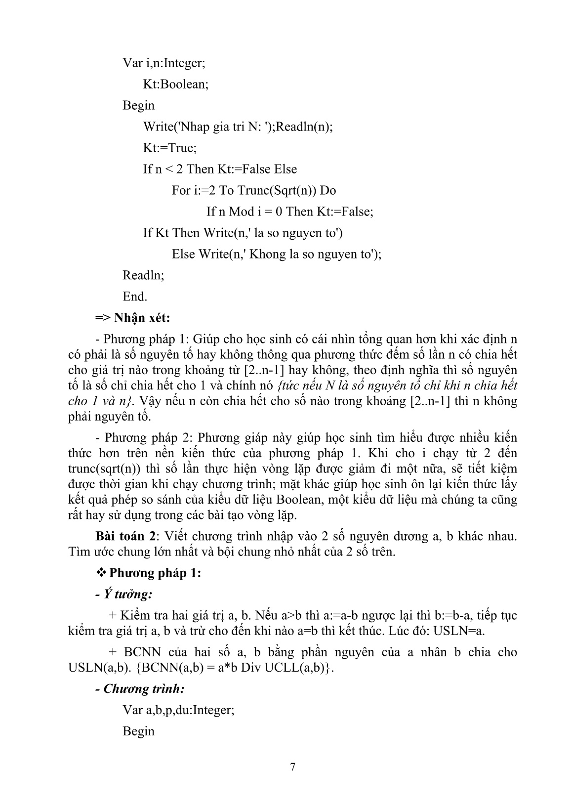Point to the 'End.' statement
pos(135,297)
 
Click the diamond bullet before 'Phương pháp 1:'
pos(101,573)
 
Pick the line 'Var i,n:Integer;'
pos(163,63)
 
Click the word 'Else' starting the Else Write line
pos(183,254)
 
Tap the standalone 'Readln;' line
pos(143,275)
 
